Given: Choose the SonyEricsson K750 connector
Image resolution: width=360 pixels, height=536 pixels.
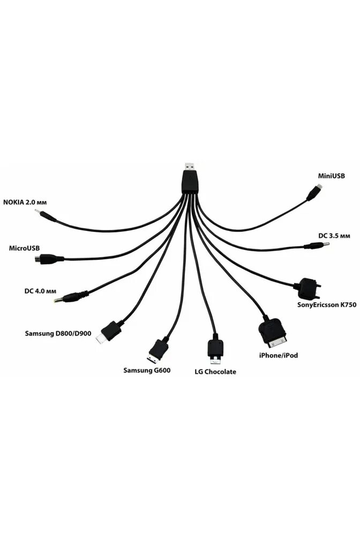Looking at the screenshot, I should click(308, 288).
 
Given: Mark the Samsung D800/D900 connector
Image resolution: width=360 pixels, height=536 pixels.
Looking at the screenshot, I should click(108, 332).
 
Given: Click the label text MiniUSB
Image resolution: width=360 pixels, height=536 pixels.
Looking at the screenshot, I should click(330, 175).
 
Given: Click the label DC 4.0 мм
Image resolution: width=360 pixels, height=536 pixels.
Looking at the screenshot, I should click(40, 291).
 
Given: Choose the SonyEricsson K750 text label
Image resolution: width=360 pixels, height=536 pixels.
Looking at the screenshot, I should click(326, 305).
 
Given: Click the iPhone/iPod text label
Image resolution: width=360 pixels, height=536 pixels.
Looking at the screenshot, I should click(277, 355).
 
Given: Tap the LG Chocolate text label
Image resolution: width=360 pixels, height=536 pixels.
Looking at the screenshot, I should click(215, 371).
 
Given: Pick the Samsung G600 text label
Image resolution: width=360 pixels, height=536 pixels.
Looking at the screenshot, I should click(147, 370).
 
